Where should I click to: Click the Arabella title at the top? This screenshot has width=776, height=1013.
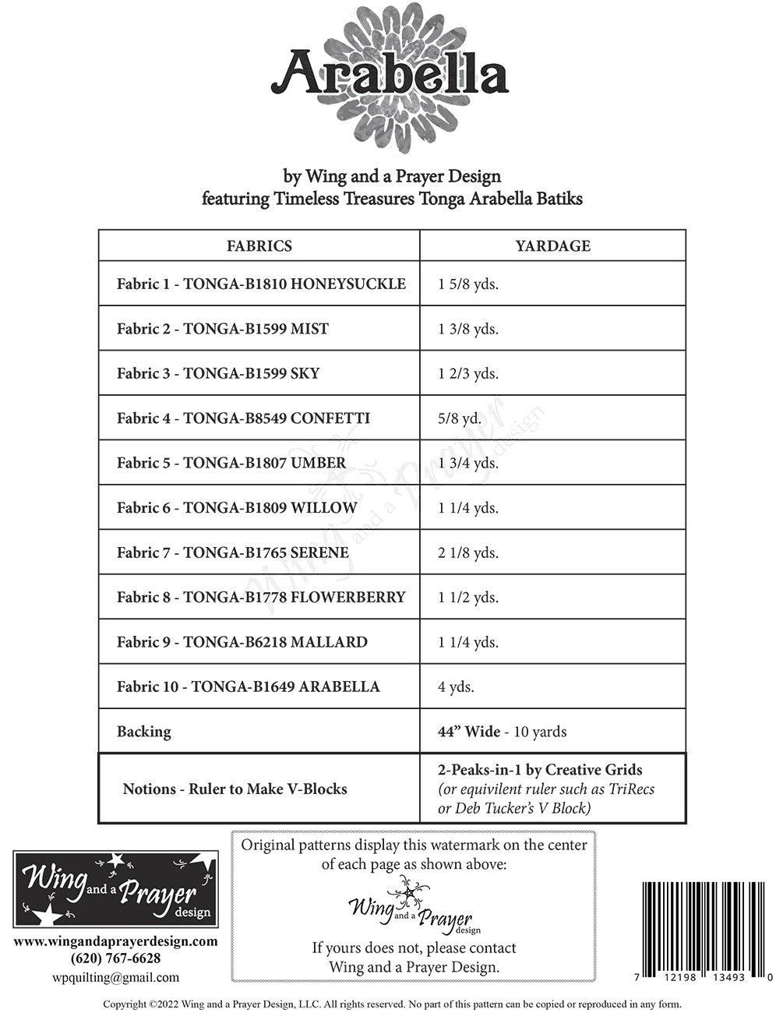click(x=389, y=74)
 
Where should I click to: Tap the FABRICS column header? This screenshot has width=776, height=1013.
click(x=259, y=246)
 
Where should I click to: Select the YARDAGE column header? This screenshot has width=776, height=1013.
click(x=552, y=246)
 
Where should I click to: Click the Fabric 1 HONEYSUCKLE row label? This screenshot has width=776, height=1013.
click(x=261, y=284)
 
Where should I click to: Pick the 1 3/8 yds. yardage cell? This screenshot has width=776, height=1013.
click(x=468, y=329)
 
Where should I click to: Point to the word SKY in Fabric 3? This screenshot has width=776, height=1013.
click(x=305, y=373)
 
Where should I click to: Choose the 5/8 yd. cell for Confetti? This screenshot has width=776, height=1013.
click(x=460, y=418)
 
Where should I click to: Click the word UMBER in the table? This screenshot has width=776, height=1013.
click(x=318, y=463)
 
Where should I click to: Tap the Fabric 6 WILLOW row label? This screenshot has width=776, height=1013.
click(x=237, y=508)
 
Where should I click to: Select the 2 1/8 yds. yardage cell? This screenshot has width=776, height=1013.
click(x=468, y=553)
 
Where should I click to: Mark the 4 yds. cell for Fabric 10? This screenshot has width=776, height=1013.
click(x=456, y=687)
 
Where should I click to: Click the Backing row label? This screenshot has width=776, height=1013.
click(x=143, y=732)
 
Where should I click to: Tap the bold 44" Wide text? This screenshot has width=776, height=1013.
click(x=469, y=732)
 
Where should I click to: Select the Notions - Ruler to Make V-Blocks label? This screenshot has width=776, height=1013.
click(x=235, y=789)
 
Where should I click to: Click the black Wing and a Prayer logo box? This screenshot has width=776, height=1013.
click(x=115, y=889)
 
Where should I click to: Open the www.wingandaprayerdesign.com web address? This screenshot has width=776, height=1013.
click(x=115, y=941)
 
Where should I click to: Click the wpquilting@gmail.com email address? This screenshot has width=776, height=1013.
click(x=115, y=977)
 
